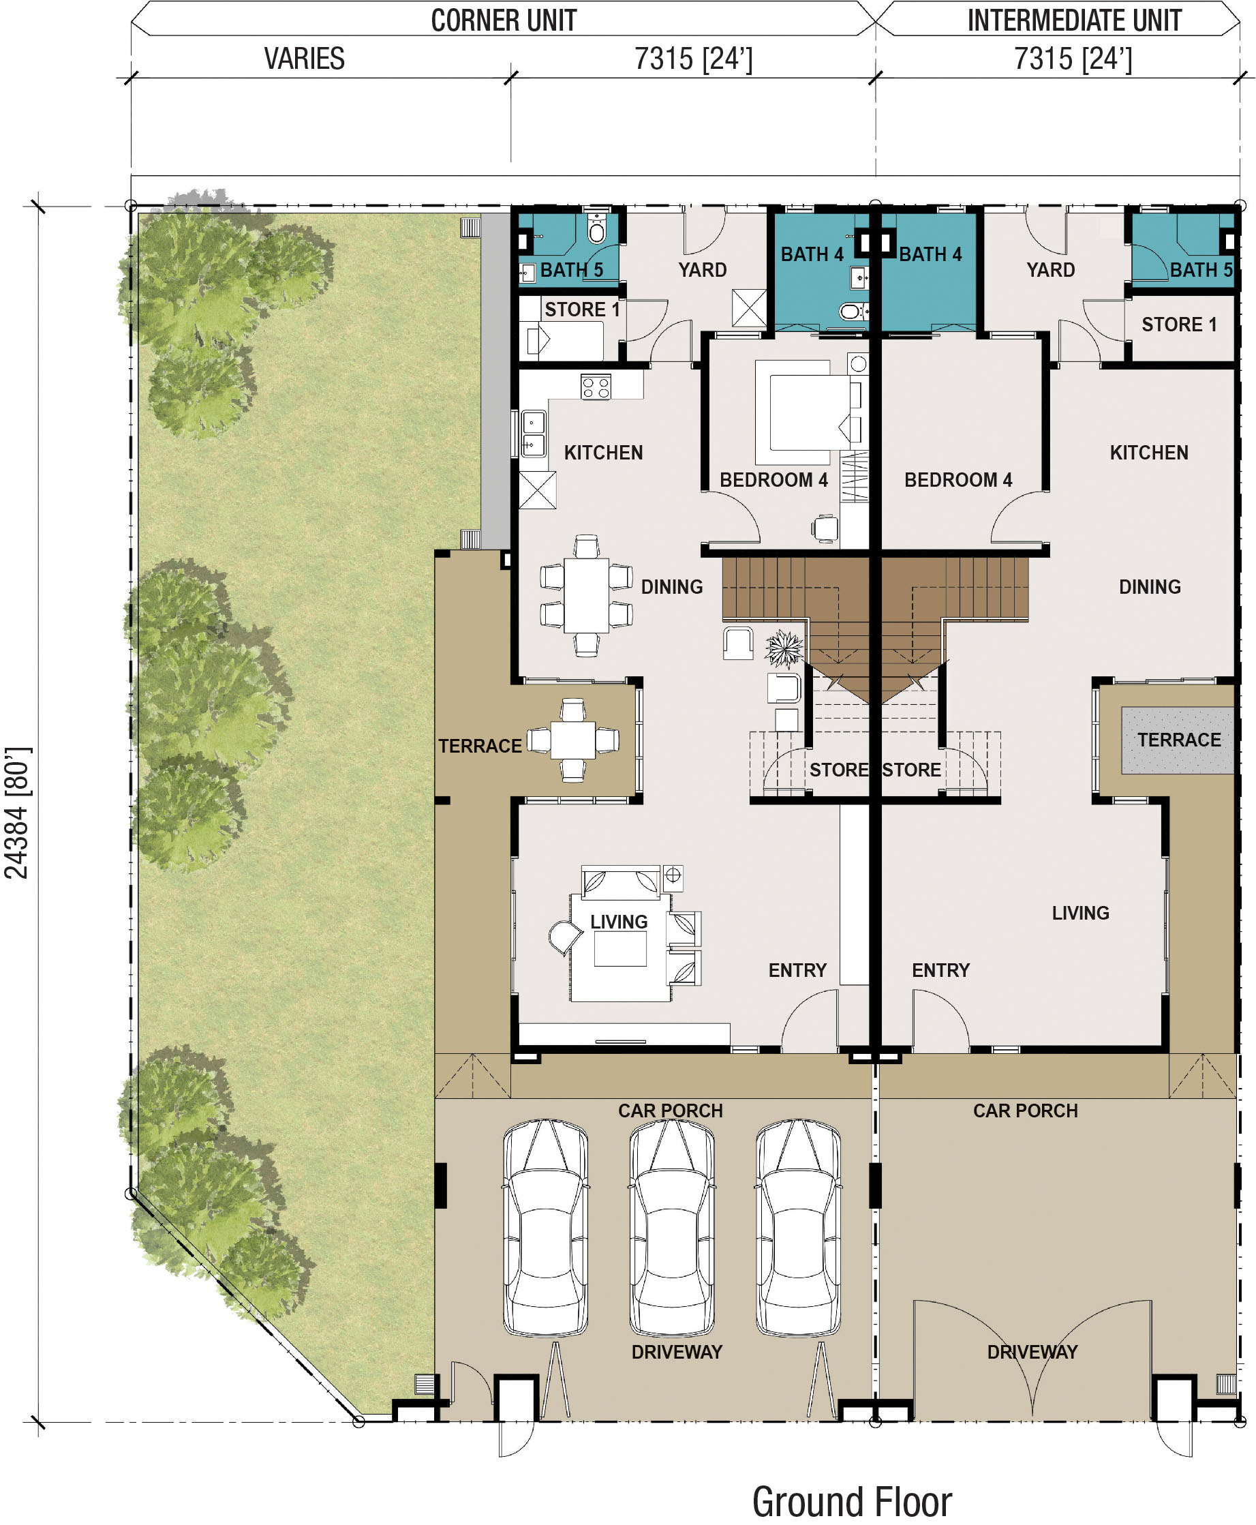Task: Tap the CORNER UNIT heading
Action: click(x=504, y=20)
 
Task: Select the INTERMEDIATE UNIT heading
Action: click(x=1075, y=20)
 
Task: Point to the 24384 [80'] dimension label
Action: click(x=16, y=813)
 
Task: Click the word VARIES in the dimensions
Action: click(x=304, y=59)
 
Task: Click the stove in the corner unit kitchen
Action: click(x=596, y=387)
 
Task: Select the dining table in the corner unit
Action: click(x=586, y=595)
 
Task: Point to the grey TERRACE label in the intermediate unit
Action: click(x=1178, y=740)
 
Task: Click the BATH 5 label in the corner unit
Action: click(x=572, y=270)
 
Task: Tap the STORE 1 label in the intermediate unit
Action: click(x=1178, y=324)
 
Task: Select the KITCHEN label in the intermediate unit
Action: click(x=1149, y=453)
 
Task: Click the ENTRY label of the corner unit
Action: click(x=797, y=970)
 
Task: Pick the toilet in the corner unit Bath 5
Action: click(x=596, y=228)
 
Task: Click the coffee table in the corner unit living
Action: click(x=620, y=948)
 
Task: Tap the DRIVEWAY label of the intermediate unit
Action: click(x=1032, y=1352)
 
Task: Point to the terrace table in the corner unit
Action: click(x=573, y=740)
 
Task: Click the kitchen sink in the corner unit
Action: click(x=533, y=434)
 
